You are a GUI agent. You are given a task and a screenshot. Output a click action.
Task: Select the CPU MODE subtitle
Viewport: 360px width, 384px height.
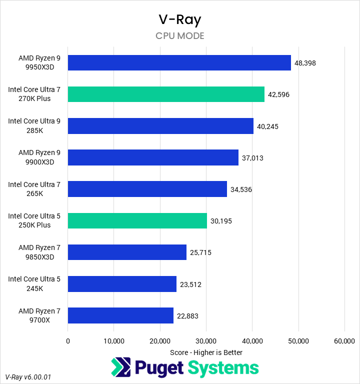[179, 36]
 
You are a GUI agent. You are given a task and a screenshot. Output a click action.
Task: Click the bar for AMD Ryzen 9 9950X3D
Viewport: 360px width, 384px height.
[179, 63]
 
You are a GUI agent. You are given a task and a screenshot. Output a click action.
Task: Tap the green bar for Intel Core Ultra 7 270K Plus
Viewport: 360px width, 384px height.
[166, 94]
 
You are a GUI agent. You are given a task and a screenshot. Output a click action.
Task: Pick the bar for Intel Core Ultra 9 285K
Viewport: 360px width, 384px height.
[160, 126]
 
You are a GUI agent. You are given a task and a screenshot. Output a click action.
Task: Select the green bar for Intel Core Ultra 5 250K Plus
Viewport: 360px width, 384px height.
[137, 220]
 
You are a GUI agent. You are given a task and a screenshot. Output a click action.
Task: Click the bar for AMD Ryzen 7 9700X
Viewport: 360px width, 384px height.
[120, 315]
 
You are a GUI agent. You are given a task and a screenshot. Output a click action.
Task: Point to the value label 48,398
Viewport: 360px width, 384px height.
[305, 63]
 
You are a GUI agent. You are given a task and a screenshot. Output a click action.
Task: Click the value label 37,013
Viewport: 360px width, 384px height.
[252, 158]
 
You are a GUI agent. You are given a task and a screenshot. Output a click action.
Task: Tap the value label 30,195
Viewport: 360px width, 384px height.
[221, 221]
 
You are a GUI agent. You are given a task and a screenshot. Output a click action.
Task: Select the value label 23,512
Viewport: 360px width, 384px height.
[190, 284]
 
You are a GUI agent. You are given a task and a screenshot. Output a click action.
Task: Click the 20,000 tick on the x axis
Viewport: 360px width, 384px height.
[160, 341]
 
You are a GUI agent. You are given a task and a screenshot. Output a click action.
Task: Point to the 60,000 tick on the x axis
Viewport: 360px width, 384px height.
[344, 341]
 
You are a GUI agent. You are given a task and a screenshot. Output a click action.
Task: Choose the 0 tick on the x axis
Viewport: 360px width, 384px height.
[68, 341]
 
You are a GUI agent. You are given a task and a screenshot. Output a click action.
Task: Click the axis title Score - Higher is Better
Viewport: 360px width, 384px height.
[206, 352]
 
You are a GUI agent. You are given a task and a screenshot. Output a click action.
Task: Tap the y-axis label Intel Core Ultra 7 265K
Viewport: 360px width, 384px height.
[34, 189]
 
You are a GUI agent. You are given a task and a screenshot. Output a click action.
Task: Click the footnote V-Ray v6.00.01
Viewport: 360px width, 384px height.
[28, 376]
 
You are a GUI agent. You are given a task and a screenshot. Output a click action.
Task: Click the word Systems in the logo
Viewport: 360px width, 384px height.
[223, 367]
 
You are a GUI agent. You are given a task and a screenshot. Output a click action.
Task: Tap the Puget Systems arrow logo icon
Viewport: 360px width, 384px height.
[120, 367]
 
